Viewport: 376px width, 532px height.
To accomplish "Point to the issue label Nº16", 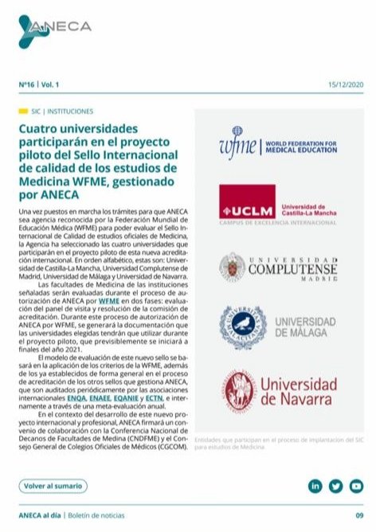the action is [x=28, y=84].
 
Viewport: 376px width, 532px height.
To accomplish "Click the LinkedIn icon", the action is [x=315, y=485].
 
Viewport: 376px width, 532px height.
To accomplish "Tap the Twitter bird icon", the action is [x=335, y=485].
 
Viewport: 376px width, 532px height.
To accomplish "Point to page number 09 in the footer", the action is [x=359, y=514].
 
